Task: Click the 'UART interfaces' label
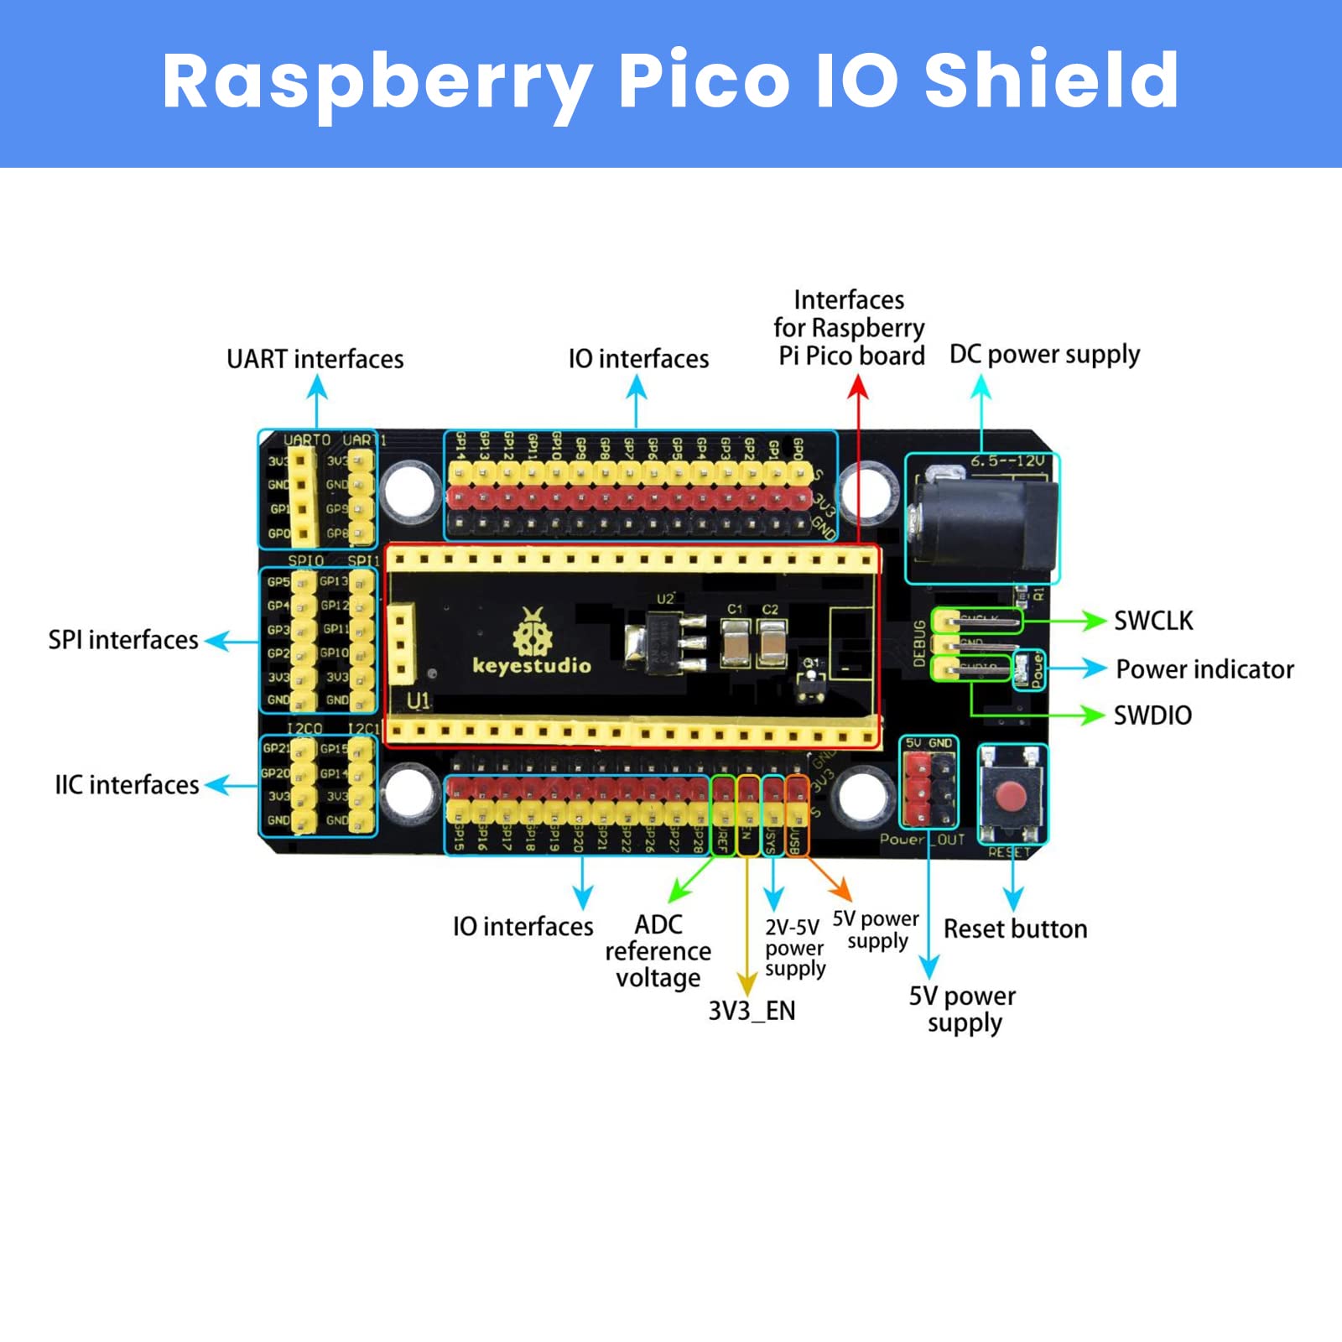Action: [315, 359]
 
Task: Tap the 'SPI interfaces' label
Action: [123, 640]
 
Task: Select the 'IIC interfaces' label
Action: [127, 785]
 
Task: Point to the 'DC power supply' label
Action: [1044, 355]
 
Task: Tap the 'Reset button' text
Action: [1015, 929]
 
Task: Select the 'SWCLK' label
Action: [1153, 621]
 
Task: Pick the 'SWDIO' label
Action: [1152, 715]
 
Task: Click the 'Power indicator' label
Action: [1204, 669]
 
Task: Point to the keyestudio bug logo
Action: [533, 632]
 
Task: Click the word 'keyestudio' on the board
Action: [532, 666]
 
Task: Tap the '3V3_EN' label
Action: [752, 1011]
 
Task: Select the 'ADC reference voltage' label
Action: [658, 951]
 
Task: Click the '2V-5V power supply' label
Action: [794, 948]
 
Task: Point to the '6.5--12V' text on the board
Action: [1007, 461]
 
